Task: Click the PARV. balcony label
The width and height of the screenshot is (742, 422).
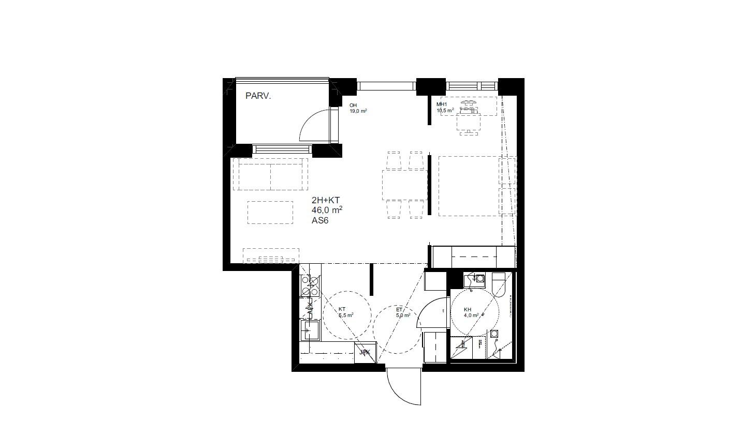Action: (258, 96)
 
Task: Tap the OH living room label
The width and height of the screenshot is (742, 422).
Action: (353, 106)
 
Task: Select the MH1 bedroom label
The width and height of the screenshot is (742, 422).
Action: (441, 104)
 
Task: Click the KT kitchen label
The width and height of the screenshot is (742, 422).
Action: (342, 309)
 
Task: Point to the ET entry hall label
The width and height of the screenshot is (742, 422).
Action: (399, 309)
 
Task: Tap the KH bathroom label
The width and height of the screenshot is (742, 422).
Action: (468, 309)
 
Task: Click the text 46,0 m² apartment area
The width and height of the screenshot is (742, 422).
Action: (327, 210)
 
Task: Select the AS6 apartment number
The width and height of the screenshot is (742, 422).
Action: (320, 220)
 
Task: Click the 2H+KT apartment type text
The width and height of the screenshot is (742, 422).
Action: (326, 200)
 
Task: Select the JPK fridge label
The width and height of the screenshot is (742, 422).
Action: (365, 353)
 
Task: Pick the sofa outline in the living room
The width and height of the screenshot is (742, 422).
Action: (270, 174)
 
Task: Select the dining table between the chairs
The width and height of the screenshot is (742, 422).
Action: (404, 185)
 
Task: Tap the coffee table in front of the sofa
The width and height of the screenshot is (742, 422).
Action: (270, 212)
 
